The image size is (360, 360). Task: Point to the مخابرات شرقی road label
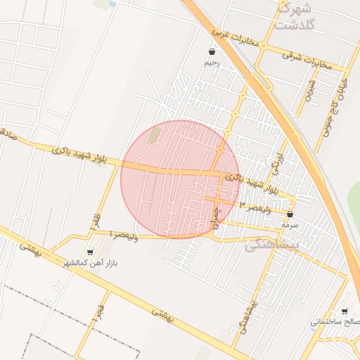pyautogui.click(x=307, y=57)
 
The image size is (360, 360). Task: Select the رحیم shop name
pyautogui.click(x=212, y=63)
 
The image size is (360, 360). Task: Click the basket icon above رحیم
pyautogui.click(x=212, y=52)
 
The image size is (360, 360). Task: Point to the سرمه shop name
pyautogui.click(x=290, y=225)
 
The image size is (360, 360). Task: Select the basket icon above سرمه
pyautogui.click(x=290, y=214)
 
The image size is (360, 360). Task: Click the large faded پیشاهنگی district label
pyautogui.click(x=274, y=244)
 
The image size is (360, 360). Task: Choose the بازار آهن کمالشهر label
pyautogui.click(x=89, y=263)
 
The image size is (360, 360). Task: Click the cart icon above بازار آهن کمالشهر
pyautogui.click(x=89, y=252)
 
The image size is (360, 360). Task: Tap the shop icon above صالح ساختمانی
pyautogui.click(x=344, y=311)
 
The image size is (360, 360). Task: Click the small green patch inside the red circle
pyautogui.click(x=154, y=134)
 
